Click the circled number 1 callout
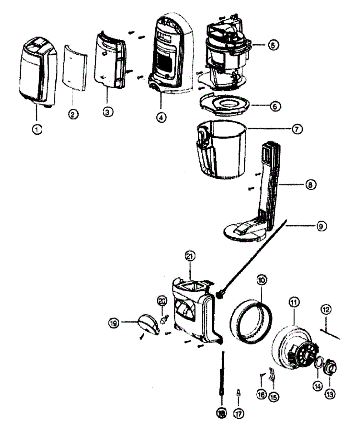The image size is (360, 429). [37, 130]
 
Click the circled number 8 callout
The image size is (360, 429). [310, 184]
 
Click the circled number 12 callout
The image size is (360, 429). [326, 309]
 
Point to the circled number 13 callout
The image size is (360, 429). [330, 394]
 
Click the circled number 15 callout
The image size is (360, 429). [274, 396]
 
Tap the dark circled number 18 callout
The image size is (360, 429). [221, 413]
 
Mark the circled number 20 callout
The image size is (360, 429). [161, 301]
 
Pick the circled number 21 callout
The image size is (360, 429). [190, 256]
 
